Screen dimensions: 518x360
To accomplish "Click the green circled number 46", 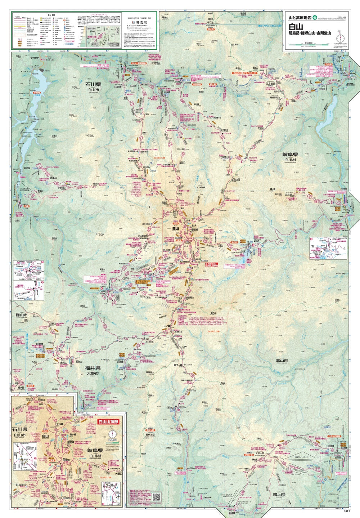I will point(315,17).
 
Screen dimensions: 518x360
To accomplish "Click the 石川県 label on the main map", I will point(95,85).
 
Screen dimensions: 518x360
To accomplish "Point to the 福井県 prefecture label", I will point(93,368).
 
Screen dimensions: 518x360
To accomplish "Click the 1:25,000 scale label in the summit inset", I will point(113,440).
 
